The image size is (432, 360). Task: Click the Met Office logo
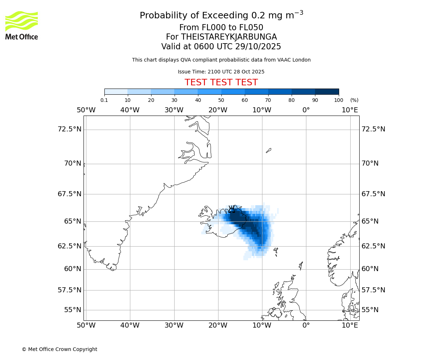pos(22,25)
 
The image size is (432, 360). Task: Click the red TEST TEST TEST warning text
pos(221,82)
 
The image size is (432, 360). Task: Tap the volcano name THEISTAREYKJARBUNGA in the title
pos(229,37)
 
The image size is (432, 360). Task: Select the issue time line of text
pos(221,72)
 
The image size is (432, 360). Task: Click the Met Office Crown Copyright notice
pos(59,349)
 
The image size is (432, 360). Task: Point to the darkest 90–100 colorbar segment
pos(327,91)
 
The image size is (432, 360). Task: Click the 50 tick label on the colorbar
pos(221,100)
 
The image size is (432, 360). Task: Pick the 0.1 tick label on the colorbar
pos(104,100)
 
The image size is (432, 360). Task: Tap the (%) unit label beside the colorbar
pos(354,100)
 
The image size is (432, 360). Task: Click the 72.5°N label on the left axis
pos(69,129)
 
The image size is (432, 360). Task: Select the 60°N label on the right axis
pos(370,269)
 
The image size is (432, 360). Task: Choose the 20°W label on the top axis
pos(218,110)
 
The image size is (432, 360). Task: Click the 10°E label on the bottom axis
pos(350,325)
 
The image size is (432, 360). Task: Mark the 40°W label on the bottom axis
pos(130,325)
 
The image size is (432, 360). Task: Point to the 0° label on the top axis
pos(306,110)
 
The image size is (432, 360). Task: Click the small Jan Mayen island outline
pos(269,150)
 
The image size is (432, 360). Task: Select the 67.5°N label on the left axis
pos(69,194)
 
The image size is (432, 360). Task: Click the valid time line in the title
pos(221,46)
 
